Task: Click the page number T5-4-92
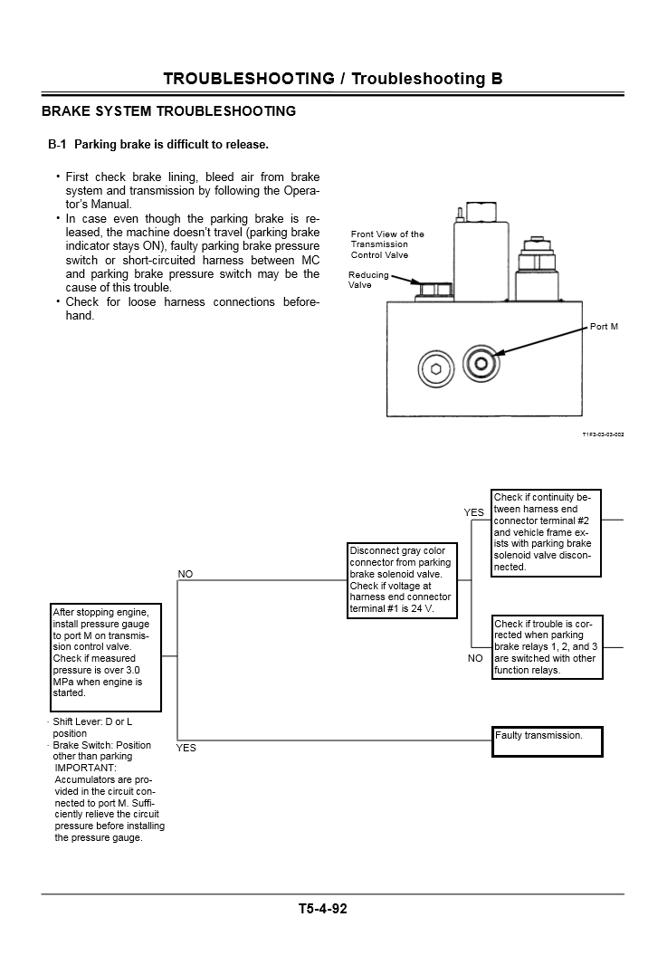(x=322, y=909)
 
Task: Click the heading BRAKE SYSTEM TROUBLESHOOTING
(x=169, y=111)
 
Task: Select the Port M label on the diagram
(x=604, y=327)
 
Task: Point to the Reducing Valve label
(x=368, y=280)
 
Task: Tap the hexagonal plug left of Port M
(x=435, y=368)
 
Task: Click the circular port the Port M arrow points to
(x=480, y=366)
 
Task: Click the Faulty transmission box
(x=548, y=741)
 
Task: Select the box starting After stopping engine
(x=107, y=656)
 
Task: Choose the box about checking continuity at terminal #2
(x=547, y=531)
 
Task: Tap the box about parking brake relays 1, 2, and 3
(x=547, y=647)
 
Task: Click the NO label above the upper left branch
(x=186, y=574)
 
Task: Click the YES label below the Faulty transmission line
(x=186, y=748)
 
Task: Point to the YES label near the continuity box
(x=474, y=512)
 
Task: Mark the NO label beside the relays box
(x=475, y=658)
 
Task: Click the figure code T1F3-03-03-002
(x=603, y=435)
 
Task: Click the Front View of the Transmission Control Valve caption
(x=387, y=244)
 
